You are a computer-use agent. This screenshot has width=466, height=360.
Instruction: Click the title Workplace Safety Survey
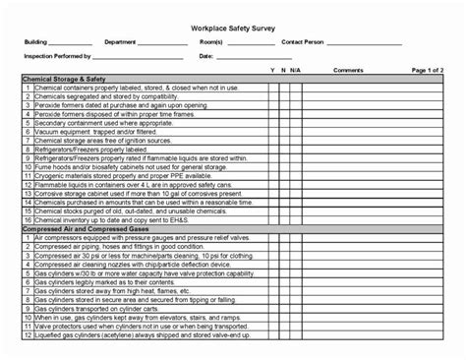coord(232,29)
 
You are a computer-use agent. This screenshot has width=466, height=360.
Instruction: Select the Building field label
coord(36,43)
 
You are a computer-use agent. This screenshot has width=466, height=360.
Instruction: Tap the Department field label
coord(121,43)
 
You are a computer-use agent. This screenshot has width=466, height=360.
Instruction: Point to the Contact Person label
coord(302,43)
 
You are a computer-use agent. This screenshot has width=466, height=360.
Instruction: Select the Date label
coord(206,56)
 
